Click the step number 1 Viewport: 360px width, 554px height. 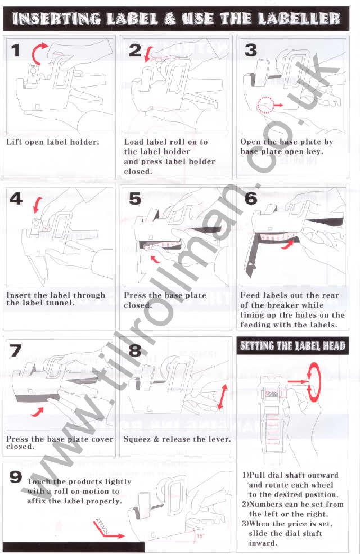click(x=16, y=51)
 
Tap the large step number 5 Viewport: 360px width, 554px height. click(x=135, y=199)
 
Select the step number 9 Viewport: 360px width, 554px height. click(x=16, y=478)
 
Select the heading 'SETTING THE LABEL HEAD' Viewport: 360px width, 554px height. click(x=292, y=345)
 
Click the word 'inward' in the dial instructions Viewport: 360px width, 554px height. click(x=263, y=543)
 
